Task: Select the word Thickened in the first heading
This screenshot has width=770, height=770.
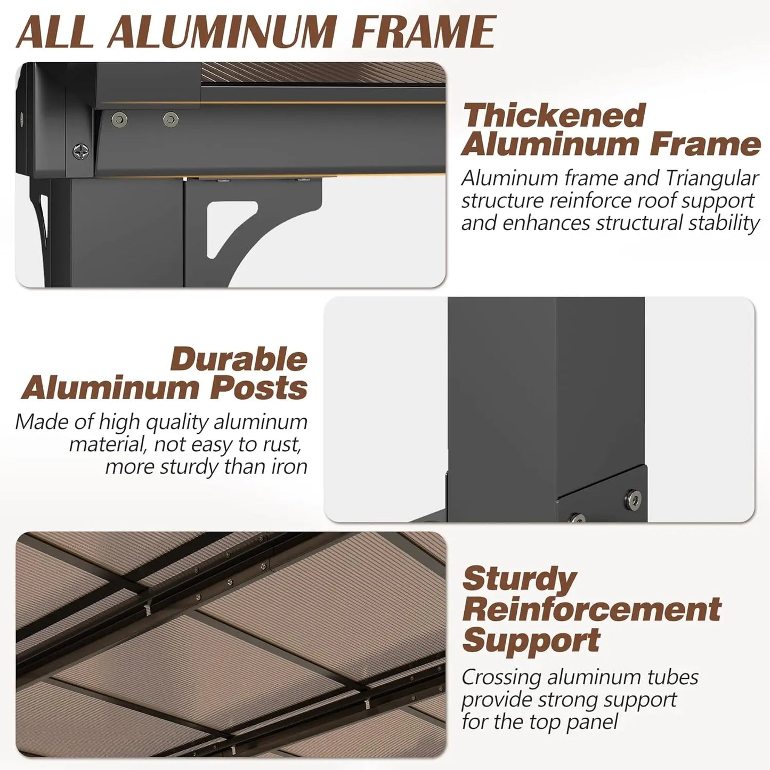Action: (x=554, y=115)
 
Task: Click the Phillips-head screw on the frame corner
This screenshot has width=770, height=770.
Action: (x=80, y=152)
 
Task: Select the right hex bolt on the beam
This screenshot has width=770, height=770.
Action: (x=171, y=119)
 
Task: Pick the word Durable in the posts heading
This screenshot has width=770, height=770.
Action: (x=239, y=360)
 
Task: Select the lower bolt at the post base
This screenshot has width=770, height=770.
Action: (x=577, y=518)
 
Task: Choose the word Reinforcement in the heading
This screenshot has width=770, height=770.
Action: (x=592, y=610)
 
